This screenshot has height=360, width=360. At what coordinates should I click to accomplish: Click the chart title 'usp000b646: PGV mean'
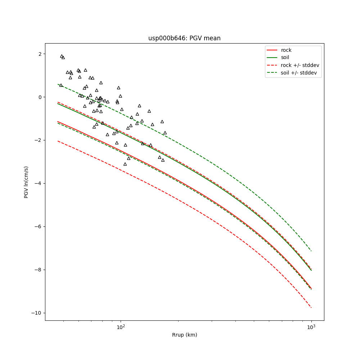184,38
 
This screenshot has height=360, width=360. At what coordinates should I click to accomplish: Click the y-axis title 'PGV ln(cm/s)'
26,182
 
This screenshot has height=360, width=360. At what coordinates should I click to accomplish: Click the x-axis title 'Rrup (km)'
184,335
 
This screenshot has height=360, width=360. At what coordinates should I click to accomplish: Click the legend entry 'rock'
286,50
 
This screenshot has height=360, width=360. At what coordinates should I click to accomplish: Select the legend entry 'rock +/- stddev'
300,65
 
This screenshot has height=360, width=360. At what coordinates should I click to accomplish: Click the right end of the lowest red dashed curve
311,307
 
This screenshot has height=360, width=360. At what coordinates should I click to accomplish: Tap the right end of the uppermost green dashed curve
311,251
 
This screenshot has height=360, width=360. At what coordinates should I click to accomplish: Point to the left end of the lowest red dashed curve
58,141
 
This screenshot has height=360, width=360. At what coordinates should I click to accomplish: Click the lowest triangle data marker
125,164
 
